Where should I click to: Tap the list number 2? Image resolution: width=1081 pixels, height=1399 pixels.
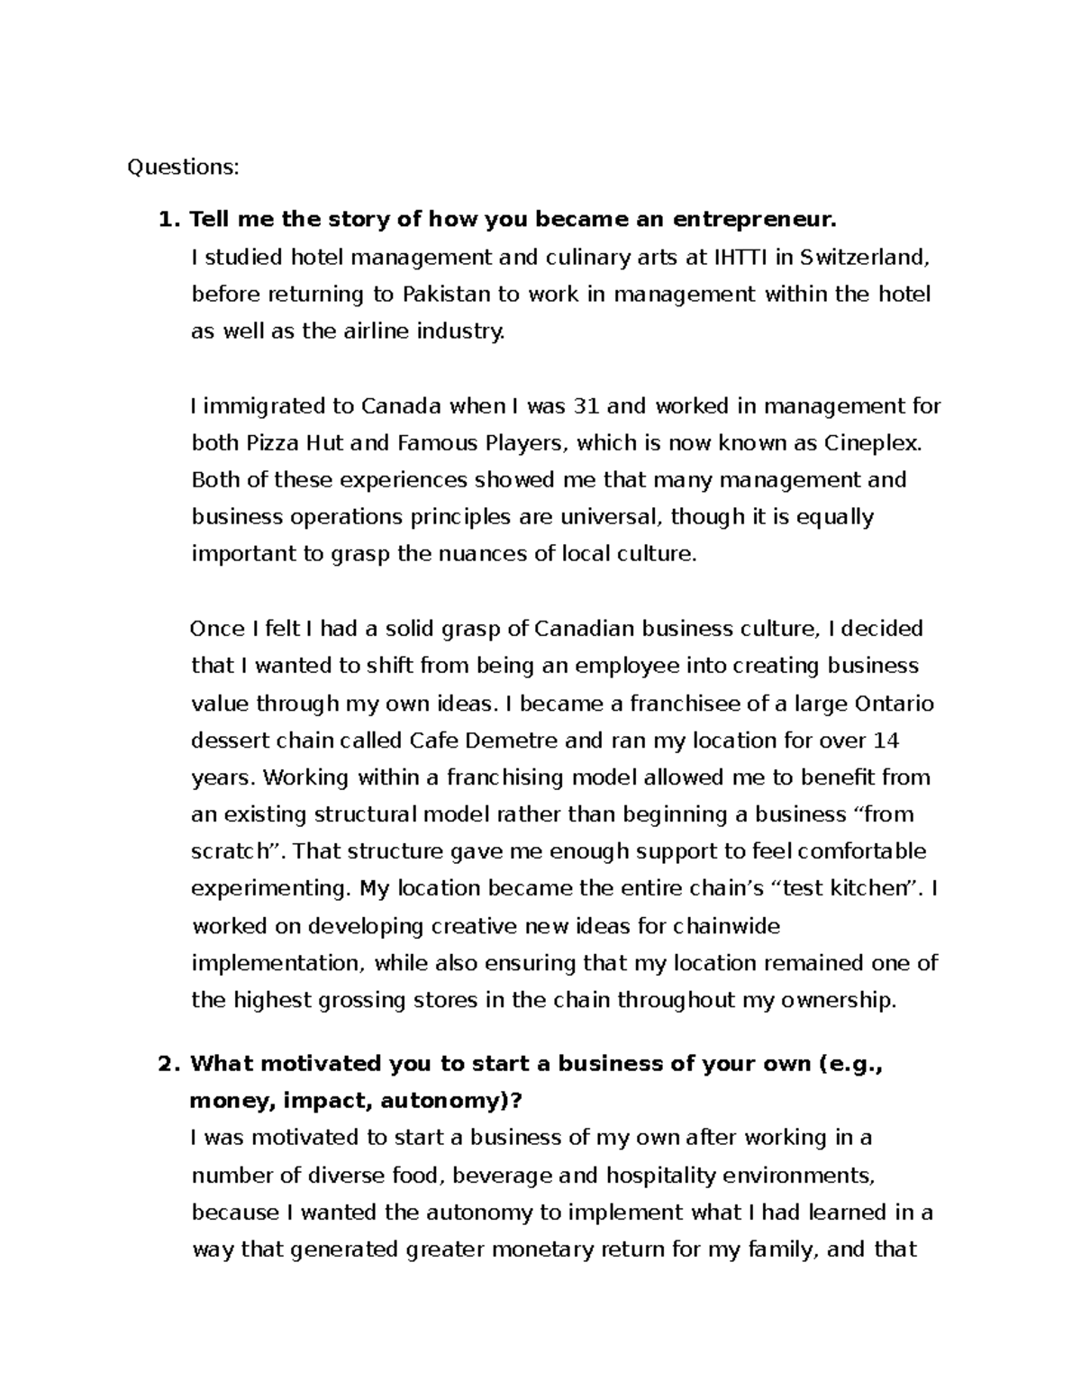(165, 1064)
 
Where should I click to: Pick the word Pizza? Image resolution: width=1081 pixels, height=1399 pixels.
(273, 443)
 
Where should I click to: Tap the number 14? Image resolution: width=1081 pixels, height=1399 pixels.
(886, 740)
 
